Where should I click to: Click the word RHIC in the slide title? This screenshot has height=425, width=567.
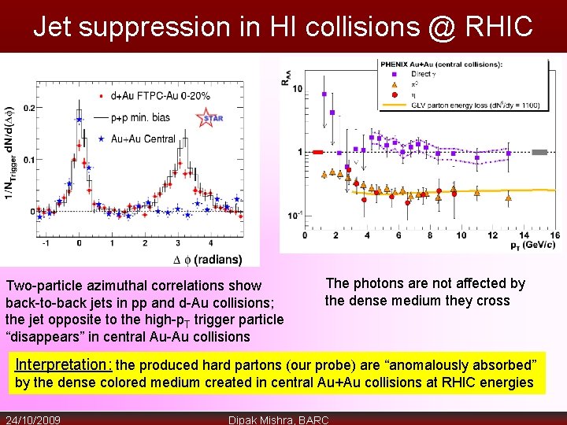click(x=493, y=28)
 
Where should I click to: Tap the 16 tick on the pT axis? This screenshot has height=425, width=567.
click(x=554, y=235)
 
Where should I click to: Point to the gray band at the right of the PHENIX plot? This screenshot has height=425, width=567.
click(x=539, y=152)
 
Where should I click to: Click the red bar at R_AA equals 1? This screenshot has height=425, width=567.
click(x=318, y=152)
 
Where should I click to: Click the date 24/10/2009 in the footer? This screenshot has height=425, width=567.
click(x=33, y=419)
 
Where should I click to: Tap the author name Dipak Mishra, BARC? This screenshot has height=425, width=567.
click(x=278, y=419)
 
